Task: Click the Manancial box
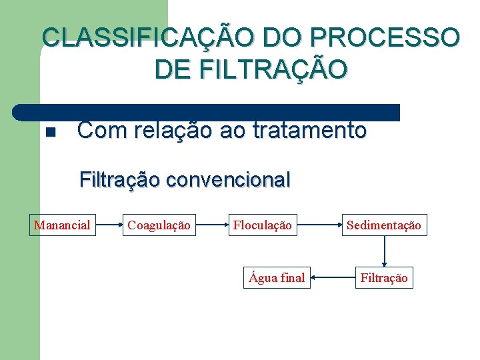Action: tap(62, 225)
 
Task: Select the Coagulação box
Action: tap(159, 225)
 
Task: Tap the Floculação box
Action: tap(262, 225)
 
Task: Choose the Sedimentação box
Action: tap(383, 225)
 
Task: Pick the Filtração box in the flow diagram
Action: tap(383, 277)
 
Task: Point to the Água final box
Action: tap(277, 277)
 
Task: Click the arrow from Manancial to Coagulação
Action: tap(109, 225)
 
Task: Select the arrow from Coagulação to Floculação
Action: tap(211, 225)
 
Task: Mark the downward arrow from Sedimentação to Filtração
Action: tap(384, 251)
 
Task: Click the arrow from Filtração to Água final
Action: tap(332, 277)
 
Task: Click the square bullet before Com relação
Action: tap(49, 131)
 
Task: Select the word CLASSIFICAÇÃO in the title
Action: tap(147, 37)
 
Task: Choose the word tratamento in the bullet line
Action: tap(310, 130)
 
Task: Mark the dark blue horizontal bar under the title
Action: tap(207, 112)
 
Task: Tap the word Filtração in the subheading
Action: tap(120, 179)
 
